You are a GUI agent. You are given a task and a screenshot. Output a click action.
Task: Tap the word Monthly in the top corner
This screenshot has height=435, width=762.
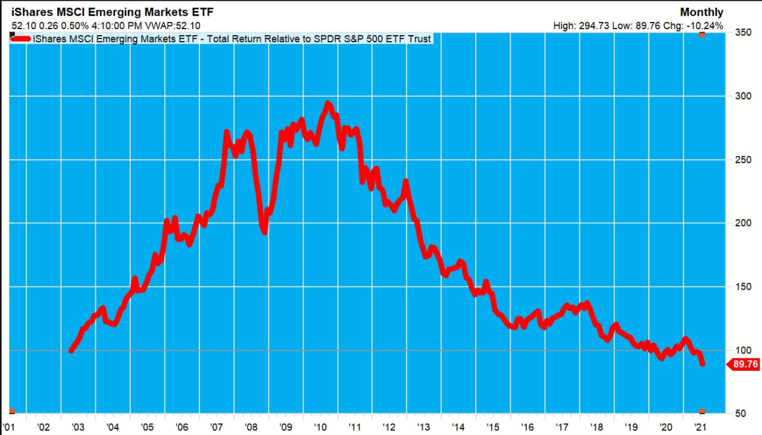(x=701, y=12)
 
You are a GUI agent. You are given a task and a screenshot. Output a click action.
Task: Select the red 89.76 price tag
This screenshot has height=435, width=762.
(x=744, y=365)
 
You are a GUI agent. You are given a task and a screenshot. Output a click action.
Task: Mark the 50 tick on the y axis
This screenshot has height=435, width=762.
(x=738, y=414)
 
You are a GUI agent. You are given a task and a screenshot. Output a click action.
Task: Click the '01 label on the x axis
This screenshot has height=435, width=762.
(x=9, y=427)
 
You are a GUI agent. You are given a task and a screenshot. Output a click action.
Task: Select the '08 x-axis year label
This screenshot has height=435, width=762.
(x=251, y=427)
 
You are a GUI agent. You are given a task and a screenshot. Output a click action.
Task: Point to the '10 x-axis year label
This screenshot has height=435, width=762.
(x=320, y=427)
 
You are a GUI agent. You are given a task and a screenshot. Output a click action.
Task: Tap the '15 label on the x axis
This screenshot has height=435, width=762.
(x=493, y=427)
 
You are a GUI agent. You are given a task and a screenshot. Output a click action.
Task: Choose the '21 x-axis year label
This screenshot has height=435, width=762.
(x=701, y=427)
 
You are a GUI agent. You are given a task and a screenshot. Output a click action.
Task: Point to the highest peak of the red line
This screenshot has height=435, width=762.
(x=327, y=104)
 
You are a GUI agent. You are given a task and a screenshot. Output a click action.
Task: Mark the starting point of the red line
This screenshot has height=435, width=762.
(x=71, y=350)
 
